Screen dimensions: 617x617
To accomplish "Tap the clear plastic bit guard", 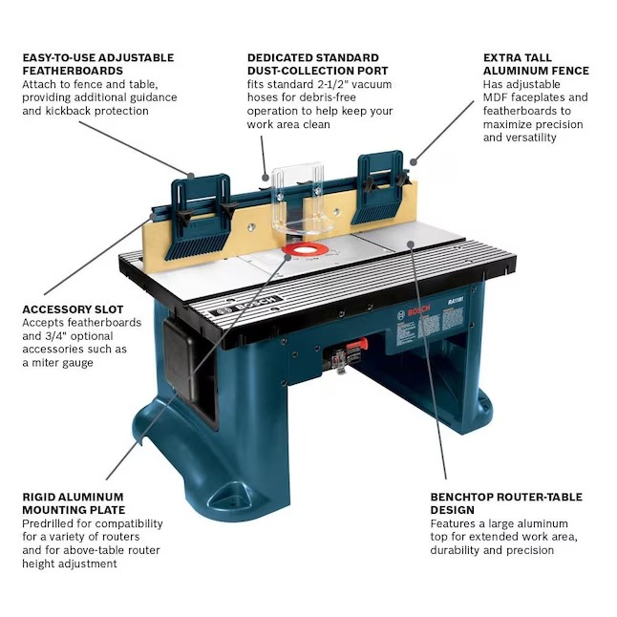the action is (302, 199).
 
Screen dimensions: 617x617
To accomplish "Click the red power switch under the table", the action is (357, 344).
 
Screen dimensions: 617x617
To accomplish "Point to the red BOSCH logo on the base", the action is (418, 310).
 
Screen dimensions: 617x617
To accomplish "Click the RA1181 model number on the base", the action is (456, 301).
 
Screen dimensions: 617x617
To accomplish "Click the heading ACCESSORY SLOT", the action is (73, 309).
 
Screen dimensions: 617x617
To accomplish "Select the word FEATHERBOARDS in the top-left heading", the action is (73, 71).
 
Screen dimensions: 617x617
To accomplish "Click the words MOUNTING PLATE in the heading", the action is (74, 510).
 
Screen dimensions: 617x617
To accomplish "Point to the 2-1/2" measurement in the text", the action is (333, 84).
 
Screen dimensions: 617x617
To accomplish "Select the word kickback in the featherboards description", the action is (69, 111).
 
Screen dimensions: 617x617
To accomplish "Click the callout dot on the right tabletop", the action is (411, 245).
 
